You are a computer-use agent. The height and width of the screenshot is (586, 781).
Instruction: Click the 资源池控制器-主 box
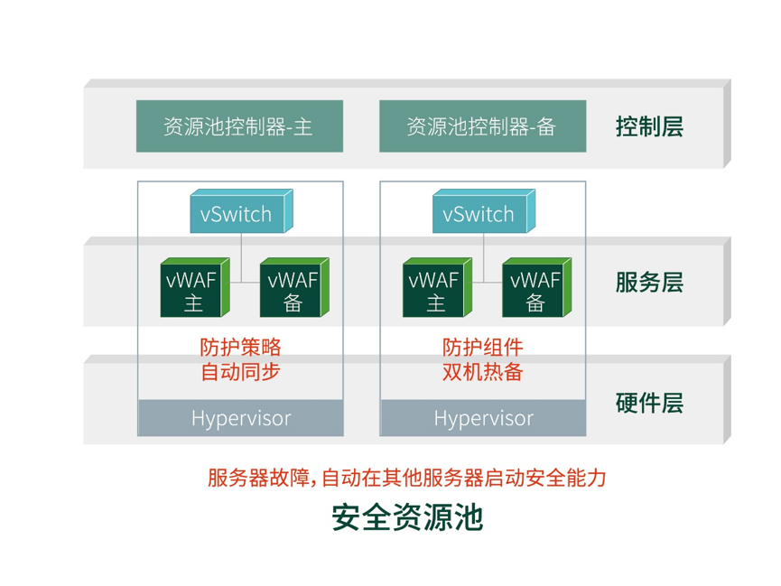coord(239,126)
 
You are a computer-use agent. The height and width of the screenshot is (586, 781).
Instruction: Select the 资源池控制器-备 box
coord(481,126)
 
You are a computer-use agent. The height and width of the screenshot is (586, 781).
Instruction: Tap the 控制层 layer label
coord(648,126)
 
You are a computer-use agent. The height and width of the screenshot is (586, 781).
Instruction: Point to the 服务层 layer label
coord(648,283)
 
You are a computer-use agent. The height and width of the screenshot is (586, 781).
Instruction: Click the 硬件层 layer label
coord(648,403)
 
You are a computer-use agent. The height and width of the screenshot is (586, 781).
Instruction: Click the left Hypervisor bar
coord(240,418)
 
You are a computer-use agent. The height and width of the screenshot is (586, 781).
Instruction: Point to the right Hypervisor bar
coord(483,418)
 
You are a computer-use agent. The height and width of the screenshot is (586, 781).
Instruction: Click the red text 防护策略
coord(241,347)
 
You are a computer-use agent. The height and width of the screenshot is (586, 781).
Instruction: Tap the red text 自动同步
coord(241,371)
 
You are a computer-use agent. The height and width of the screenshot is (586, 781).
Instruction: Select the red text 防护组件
coord(483,347)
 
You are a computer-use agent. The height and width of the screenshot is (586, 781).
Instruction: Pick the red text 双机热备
coord(483,371)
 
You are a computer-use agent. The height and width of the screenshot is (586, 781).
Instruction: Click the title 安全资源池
coord(407,517)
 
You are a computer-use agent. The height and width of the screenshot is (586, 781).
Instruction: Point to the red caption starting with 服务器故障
coord(407,477)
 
